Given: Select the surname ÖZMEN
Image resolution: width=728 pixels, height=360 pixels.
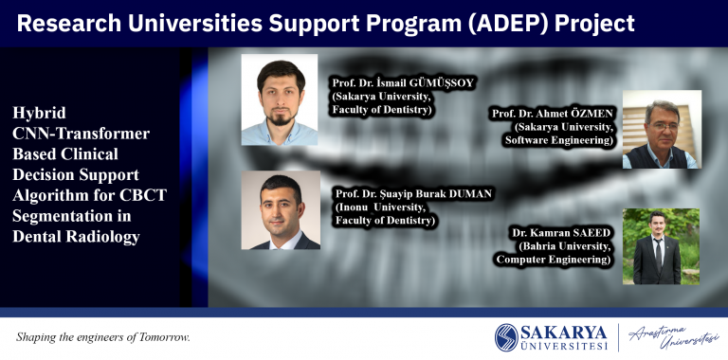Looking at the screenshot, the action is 593,113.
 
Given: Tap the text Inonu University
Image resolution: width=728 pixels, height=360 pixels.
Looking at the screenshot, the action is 381,207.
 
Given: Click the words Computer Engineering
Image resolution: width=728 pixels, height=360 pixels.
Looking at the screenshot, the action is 554,260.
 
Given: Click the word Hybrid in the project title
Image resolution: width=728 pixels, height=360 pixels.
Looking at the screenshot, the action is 40,113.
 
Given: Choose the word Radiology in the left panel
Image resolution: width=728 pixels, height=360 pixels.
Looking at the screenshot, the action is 102,237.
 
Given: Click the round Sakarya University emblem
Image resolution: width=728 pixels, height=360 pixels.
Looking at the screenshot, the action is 506,337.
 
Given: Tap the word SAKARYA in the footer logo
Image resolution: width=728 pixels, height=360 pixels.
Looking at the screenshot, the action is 564,333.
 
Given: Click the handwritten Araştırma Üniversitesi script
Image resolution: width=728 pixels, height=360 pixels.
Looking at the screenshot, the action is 673,337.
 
